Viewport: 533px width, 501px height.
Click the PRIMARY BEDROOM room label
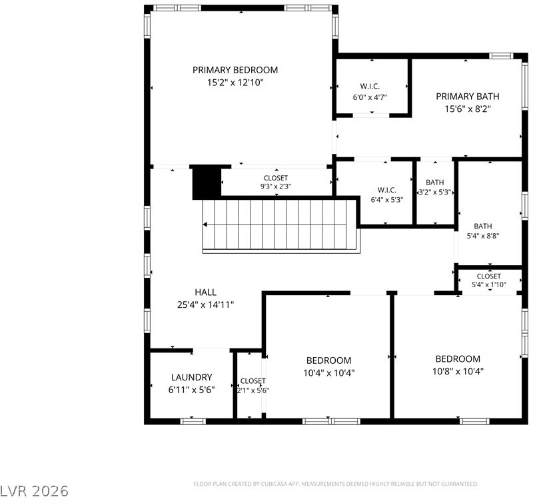pos(235,70)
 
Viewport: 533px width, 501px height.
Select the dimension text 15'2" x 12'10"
pos(235,83)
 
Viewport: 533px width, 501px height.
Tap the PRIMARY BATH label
pos(468,97)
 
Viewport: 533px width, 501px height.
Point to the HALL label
pos(206,292)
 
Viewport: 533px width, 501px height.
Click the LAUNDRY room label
pos(192,377)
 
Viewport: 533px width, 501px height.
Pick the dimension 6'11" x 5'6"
pos(192,390)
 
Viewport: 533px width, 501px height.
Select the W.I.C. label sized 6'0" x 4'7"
pos(370,87)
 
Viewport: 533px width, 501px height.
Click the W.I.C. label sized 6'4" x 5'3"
pos(387,190)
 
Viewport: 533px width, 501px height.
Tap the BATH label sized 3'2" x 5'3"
pos(435,183)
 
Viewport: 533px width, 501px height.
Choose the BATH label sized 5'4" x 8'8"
pos(482,226)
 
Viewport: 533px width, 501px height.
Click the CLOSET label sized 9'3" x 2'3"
pos(276,178)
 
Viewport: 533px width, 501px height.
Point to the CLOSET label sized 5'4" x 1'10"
pos(489,276)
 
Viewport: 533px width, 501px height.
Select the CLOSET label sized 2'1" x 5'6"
pos(253,381)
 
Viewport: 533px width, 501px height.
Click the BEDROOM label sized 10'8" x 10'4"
pos(458,359)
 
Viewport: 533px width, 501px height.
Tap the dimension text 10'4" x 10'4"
pos(328,373)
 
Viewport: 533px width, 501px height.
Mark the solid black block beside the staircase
pos(207,183)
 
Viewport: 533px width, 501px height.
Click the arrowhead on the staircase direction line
pos(205,225)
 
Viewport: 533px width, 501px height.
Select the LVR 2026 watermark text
pos(35,491)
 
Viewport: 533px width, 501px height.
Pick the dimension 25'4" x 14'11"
pos(206,305)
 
